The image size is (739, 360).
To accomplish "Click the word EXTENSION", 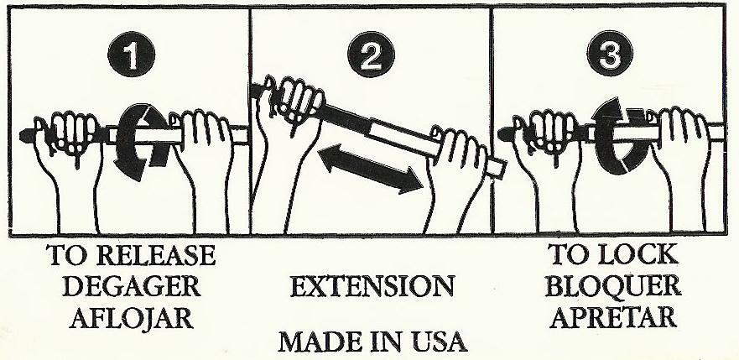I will pos(372,287).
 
